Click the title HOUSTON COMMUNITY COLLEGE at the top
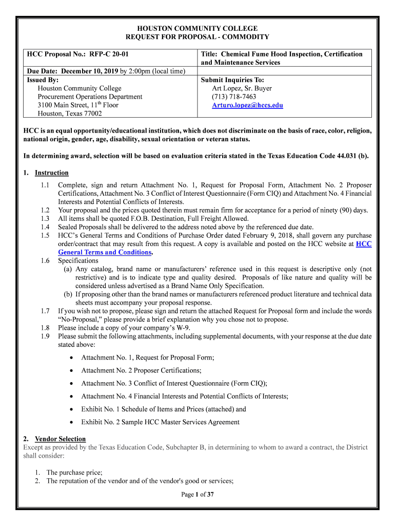197,29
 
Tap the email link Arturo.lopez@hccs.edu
247,105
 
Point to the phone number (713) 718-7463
234,97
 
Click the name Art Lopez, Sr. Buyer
242,88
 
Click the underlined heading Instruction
51,173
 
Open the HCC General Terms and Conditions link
105,252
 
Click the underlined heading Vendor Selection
60,439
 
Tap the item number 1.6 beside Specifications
45,261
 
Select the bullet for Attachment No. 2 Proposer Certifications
71,370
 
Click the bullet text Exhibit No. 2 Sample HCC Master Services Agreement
160,422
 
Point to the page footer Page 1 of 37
197,495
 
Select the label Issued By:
43,80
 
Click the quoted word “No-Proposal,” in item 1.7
77,319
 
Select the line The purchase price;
74,472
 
